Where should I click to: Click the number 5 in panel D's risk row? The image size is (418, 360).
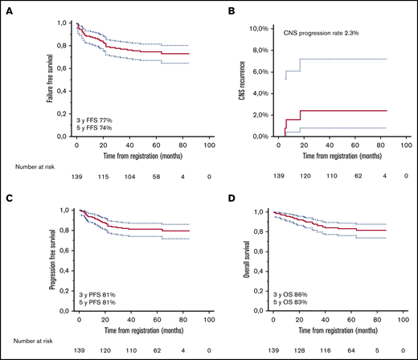coord(379,352)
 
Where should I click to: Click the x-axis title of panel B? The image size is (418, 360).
coord(340,153)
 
